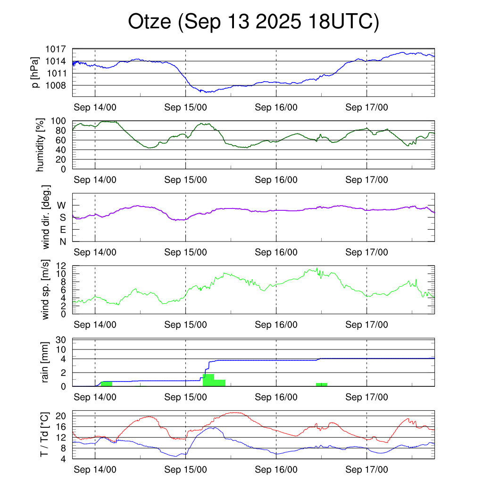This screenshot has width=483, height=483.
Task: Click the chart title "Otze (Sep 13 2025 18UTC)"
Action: (x=253, y=22)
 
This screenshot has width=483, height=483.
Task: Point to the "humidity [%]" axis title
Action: (x=40, y=145)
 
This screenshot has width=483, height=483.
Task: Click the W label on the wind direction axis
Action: (x=62, y=205)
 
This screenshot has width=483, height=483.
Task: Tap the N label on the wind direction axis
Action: (x=62, y=241)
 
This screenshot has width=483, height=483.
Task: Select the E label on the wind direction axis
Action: (x=62, y=230)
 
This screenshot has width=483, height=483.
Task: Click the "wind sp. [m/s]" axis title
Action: (x=46, y=290)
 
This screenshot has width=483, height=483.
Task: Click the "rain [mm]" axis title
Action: (x=46, y=363)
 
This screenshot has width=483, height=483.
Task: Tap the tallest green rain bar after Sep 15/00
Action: (x=208, y=380)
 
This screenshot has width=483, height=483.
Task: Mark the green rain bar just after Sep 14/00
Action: (x=107, y=383)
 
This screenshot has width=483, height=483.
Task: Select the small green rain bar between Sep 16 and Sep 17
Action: (x=322, y=384)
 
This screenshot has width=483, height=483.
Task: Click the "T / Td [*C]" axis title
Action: (x=44, y=435)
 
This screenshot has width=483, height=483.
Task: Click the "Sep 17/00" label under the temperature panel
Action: (x=366, y=470)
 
